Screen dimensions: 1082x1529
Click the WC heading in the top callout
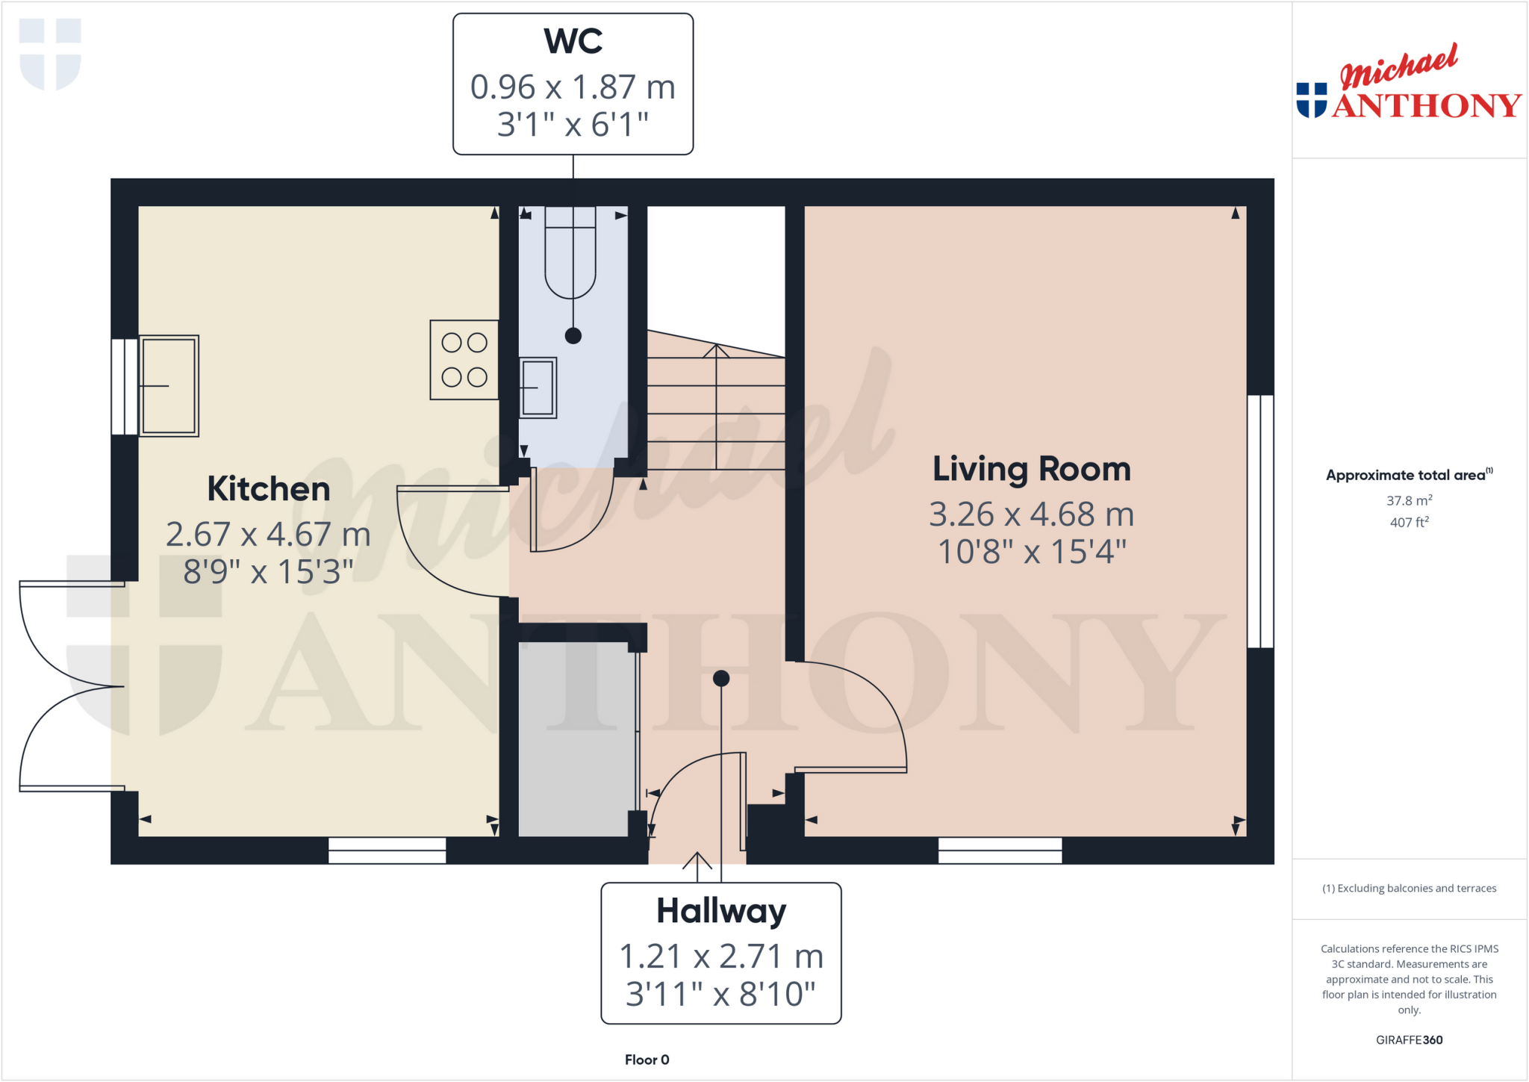pos(573,41)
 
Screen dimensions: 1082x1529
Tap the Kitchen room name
pos(268,489)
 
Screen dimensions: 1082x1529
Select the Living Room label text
pos(1031,469)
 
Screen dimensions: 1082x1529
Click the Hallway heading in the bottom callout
pos(720,911)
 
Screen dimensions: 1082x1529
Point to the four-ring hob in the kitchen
pos(464,360)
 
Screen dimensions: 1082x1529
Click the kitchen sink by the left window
pos(169,385)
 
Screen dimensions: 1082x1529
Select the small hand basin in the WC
pos(538,388)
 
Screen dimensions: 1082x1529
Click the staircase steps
pos(715,411)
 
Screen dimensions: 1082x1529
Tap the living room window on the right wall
pos(1260,521)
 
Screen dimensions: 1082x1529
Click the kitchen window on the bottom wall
pos(387,850)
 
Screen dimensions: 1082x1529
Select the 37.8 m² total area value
pos(1409,501)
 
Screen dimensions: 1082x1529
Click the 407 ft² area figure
pos(1409,523)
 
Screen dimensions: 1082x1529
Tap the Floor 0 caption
pos(647,1060)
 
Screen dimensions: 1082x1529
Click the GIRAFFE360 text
pos(1409,1039)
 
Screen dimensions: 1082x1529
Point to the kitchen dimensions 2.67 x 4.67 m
pos(268,535)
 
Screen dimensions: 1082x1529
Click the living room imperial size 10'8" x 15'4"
pos(1031,553)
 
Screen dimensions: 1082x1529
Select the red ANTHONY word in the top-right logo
pos(1426,106)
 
